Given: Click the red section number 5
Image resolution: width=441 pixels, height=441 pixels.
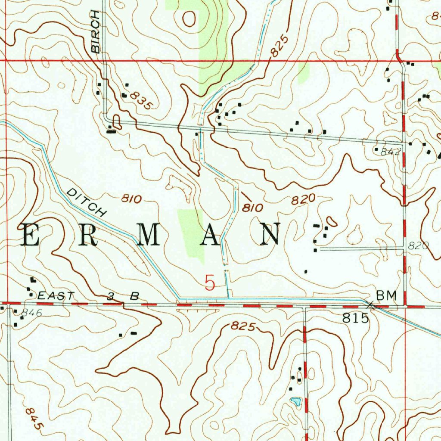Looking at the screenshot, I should tap(210, 283).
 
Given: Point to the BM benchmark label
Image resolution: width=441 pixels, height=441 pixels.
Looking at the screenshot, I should tap(386, 295).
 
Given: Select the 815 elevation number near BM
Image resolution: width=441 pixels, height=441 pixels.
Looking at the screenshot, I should tap(356, 319).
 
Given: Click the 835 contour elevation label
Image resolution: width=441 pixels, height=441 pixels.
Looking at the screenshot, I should tap(141, 100).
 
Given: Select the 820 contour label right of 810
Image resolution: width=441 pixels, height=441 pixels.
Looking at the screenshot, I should tap(303, 200).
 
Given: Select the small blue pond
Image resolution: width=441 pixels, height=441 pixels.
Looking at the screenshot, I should tap(295, 402).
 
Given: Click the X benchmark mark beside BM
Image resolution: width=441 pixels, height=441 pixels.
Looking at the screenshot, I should tap(370, 304).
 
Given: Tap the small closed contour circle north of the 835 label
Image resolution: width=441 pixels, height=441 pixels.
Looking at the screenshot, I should tap(189, 18).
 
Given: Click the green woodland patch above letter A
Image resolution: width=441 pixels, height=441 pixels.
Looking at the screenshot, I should tap(190, 233).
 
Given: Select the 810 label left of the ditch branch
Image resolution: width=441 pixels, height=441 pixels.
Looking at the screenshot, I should tap(131, 199).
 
